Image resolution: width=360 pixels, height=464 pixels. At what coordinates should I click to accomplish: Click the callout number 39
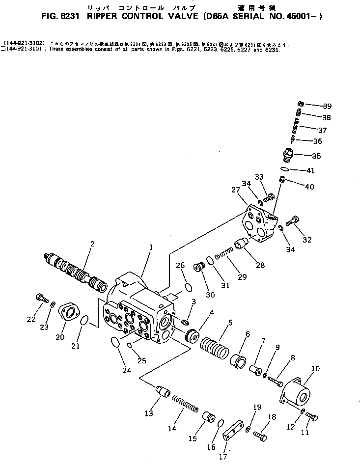[x=327, y=106]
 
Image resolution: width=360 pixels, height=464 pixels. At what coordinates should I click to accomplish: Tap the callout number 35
[x=316, y=156]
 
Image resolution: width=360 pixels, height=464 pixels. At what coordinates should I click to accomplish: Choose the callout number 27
[x=235, y=190]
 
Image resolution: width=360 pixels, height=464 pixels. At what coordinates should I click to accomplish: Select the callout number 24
[x=127, y=370]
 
